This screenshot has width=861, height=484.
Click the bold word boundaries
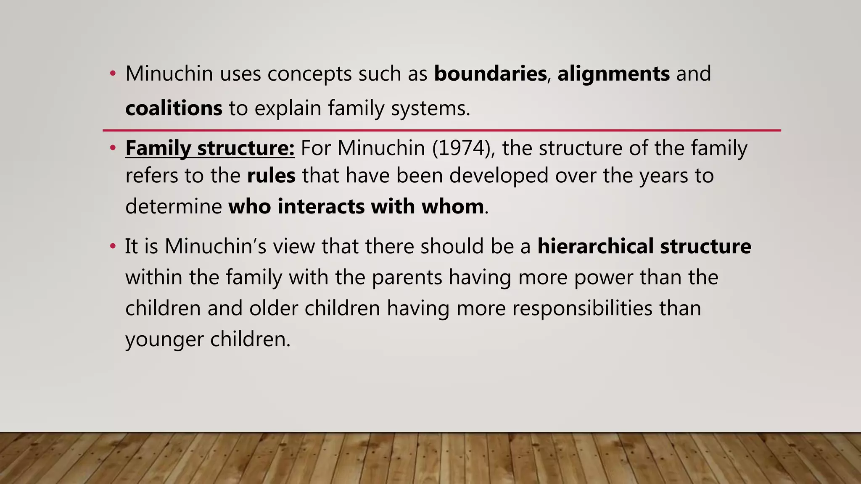490,74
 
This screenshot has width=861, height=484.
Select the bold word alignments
613,74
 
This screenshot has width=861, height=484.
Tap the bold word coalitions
174,108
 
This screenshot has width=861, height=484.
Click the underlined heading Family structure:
210,148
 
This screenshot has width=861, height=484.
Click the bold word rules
271,175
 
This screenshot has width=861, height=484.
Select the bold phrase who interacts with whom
356,206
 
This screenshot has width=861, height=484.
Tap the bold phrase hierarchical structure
644,246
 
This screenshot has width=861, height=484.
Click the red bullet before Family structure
112,148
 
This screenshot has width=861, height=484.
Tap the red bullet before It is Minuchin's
112,246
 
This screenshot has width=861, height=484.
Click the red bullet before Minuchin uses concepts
112,74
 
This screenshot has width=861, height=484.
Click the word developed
499,175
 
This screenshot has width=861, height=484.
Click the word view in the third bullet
293,246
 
